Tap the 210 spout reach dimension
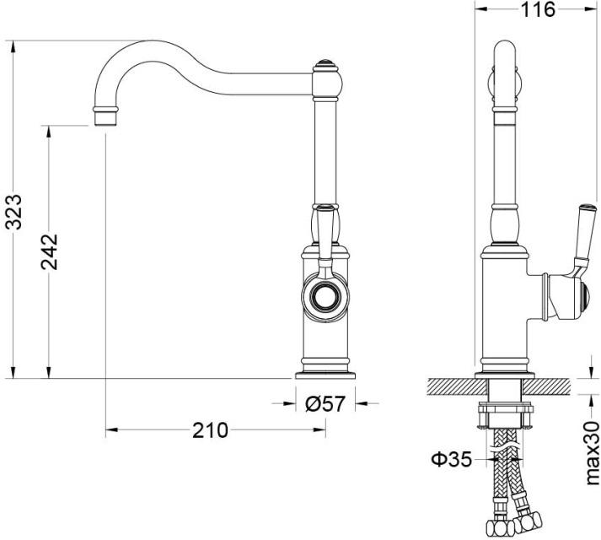[210, 430]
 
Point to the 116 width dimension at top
[536, 10]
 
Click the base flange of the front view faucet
[324, 372]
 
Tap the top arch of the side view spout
[504, 51]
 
